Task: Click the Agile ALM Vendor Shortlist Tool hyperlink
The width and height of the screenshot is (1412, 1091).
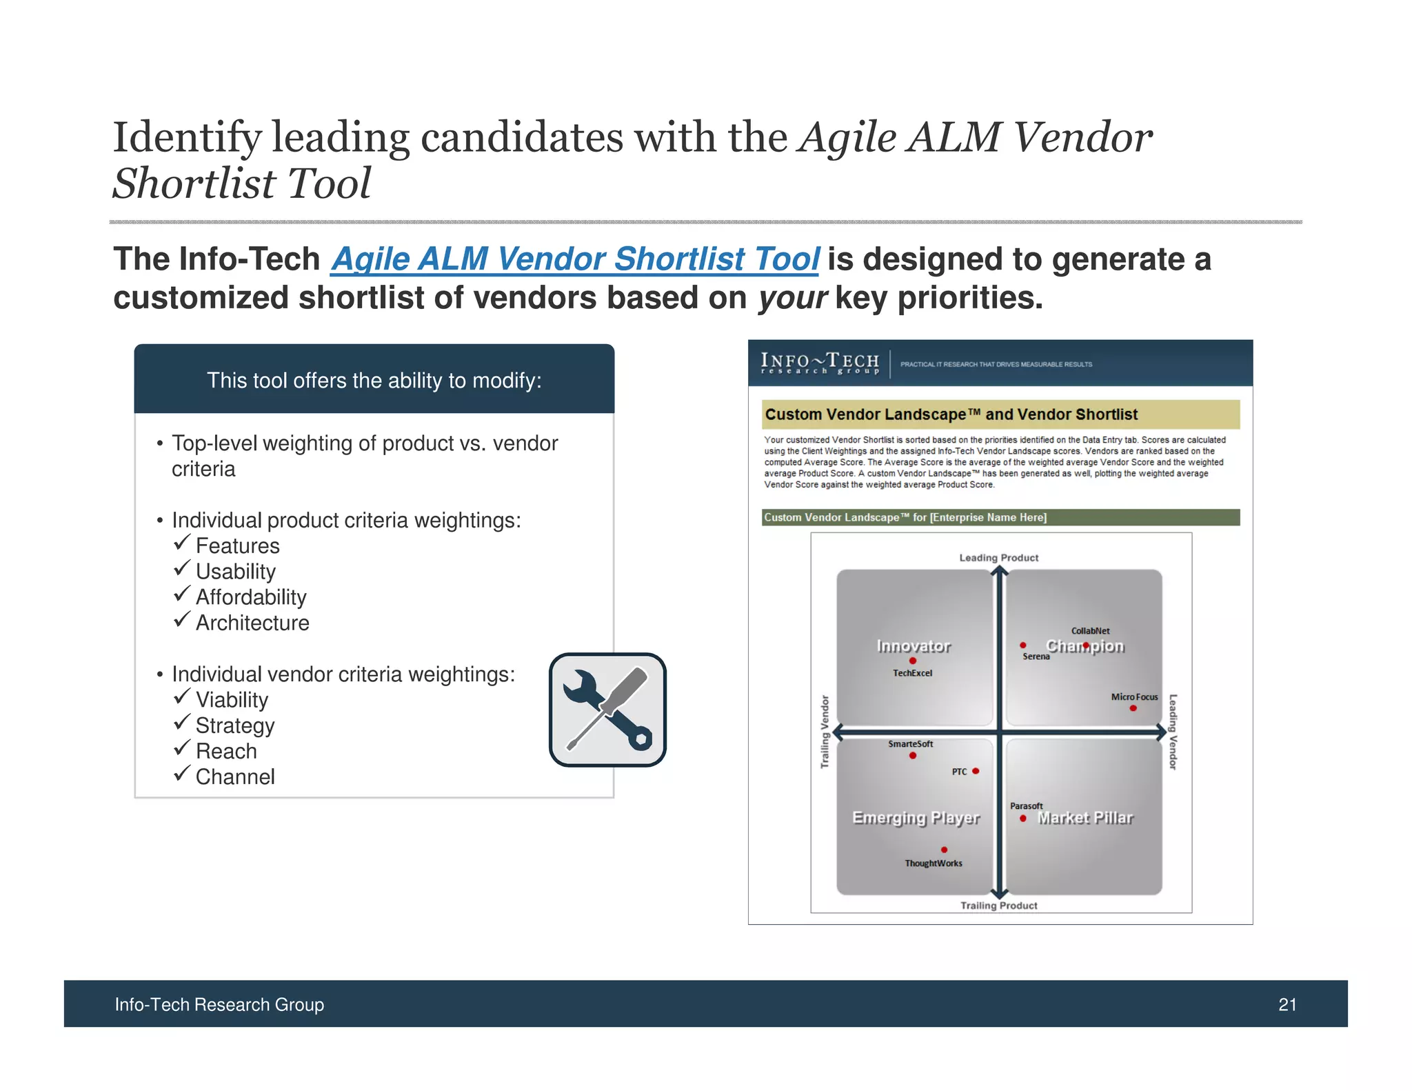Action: (x=574, y=259)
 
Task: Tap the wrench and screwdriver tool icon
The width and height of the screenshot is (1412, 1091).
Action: (x=607, y=710)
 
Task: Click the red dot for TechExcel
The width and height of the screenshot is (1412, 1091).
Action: (x=913, y=661)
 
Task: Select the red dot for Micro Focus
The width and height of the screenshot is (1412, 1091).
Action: (x=1133, y=708)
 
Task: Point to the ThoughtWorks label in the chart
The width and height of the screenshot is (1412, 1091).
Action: (x=934, y=863)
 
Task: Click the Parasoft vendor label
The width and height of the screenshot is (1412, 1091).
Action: (x=1026, y=806)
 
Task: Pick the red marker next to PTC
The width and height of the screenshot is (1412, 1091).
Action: (x=976, y=771)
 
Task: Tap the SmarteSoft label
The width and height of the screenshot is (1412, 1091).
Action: (x=910, y=744)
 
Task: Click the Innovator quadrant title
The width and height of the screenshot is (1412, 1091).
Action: (x=914, y=646)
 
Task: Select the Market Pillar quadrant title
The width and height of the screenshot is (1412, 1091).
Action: (x=1085, y=818)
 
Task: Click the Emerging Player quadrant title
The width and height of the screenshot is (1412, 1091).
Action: (x=916, y=818)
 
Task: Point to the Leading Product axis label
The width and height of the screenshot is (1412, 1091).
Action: (x=998, y=558)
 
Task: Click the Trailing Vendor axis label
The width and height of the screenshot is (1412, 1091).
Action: (x=825, y=732)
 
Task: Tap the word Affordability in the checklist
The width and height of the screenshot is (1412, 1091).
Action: (x=251, y=597)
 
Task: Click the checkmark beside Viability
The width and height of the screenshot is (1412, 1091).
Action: (x=181, y=697)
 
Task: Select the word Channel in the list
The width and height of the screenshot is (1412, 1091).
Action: (x=235, y=777)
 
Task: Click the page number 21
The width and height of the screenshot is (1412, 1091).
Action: (x=1287, y=1005)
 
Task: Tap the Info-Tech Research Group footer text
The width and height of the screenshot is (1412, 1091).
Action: (x=219, y=1005)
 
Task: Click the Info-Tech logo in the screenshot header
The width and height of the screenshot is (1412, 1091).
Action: (x=820, y=363)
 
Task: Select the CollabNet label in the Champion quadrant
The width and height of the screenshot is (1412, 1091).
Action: (x=1090, y=631)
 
